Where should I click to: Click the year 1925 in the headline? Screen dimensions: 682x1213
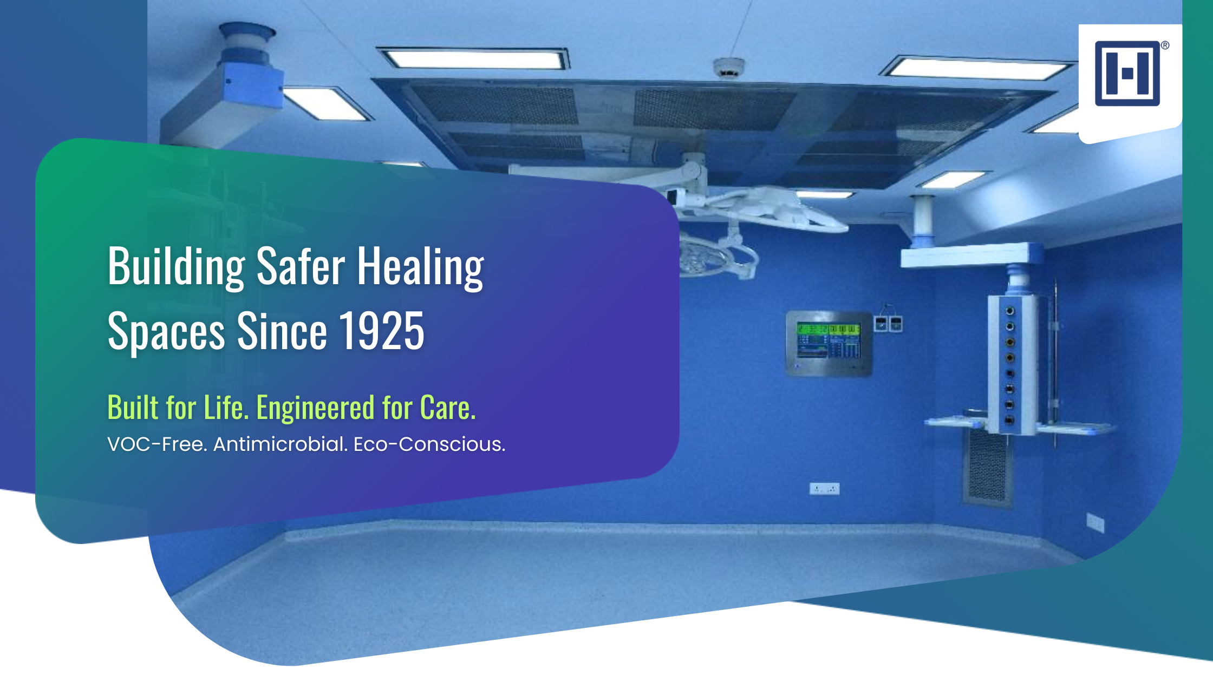click(381, 331)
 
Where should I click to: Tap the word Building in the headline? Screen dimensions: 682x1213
click(177, 266)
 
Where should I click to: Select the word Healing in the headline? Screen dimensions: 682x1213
click(420, 266)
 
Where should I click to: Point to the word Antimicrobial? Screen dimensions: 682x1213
click(281, 444)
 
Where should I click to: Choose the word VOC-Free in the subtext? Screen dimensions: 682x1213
click(158, 444)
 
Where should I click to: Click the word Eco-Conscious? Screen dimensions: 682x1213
click(429, 444)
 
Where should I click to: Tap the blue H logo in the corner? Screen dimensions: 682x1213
click(1127, 74)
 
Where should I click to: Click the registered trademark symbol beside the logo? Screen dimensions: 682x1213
click(1165, 45)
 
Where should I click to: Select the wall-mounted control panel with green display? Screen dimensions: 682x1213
click(829, 343)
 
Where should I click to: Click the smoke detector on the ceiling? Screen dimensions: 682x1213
click(729, 68)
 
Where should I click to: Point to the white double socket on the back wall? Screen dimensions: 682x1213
click(824, 489)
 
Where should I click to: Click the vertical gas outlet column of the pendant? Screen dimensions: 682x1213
click(1010, 365)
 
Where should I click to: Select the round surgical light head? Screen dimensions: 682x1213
click(704, 257)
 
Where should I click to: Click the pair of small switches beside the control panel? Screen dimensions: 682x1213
click(889, 324)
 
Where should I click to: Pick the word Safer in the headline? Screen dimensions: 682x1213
click(301, 266)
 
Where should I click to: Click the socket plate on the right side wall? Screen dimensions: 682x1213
click(1095, 523)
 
